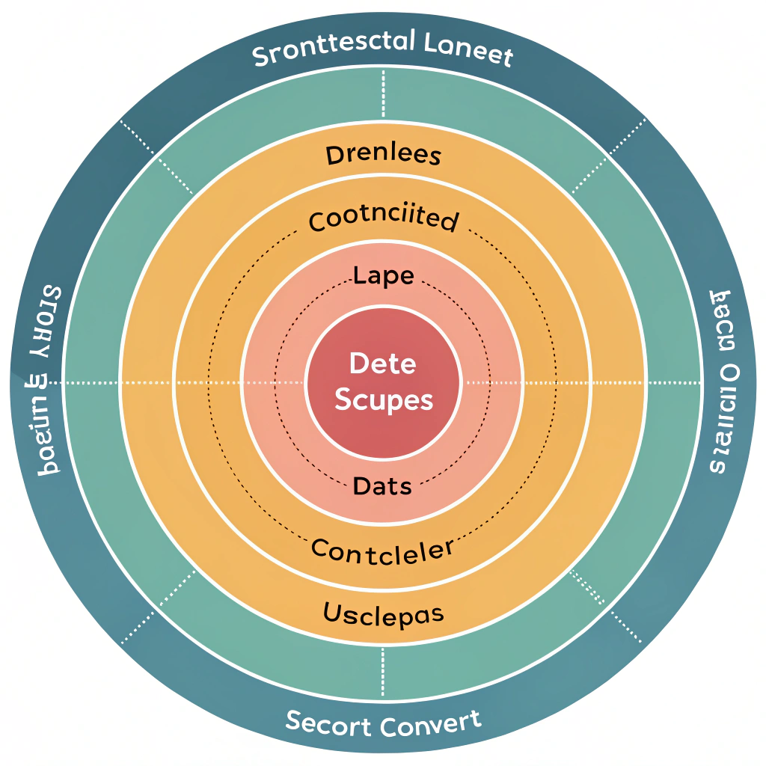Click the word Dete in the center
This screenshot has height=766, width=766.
[382, 364]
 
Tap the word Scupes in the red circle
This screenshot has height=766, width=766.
[383, 399]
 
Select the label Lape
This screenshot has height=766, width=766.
[384, 276]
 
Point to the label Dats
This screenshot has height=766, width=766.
[382, 486]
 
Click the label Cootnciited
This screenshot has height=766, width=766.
[384, 220]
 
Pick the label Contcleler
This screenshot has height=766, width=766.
[382, 551]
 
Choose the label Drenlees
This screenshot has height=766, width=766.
[384, 156]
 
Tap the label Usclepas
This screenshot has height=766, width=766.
[384, 614]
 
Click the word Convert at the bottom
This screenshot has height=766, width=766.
[430, 723]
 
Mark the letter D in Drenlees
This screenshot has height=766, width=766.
[334, 156]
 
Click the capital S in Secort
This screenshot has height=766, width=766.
[295, 721]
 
